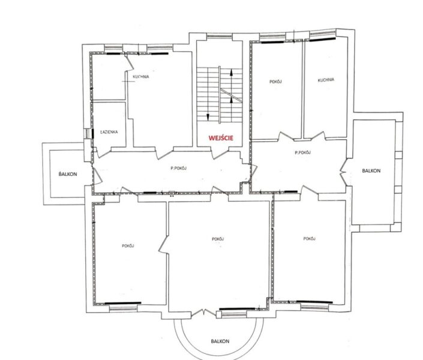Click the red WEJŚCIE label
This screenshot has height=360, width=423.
[221, 138]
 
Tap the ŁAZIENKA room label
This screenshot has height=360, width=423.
[109, 132]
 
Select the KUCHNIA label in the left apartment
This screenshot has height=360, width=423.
[141, 77]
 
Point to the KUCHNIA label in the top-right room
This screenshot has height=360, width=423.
[326, 80]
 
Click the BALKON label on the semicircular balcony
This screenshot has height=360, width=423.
[220, 341]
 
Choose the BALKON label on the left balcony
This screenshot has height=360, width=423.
[68, 174]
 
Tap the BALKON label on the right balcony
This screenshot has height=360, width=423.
[371, 170]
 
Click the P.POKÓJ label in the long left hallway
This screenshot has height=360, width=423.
[179, 168]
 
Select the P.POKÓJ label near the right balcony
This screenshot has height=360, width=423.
[302, 152]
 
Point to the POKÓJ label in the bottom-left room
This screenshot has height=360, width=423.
[128, 246]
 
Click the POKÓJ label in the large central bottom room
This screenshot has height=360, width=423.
[218, 239]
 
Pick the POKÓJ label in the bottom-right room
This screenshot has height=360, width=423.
[310, 239]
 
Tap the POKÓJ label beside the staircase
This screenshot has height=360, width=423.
[276, 82]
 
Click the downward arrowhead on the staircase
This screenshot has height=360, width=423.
[208, 117]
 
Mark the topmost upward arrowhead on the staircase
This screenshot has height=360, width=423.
[231, 73]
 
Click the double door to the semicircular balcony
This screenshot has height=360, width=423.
[203, 313]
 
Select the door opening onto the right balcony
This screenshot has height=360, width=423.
[343, 172]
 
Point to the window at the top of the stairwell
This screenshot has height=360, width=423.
[219, 36]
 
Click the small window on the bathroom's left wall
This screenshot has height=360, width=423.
[88, 133]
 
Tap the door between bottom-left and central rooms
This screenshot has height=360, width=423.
[163, 244]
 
